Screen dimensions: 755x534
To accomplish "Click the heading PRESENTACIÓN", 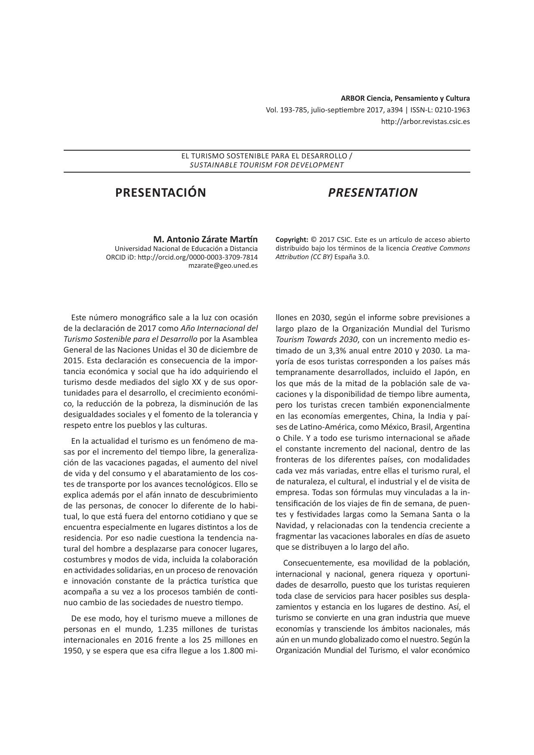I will [x=161, y=193].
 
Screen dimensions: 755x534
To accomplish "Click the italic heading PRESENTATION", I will [x=373, y=193].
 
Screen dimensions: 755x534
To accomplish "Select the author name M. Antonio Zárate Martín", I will [x=205, y=239].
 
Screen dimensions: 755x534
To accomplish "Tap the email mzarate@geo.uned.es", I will [x=223, y=266].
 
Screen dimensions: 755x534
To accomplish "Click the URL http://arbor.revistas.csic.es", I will [x=425, y=121].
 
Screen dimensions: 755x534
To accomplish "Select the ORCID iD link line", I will [x=182, y=257].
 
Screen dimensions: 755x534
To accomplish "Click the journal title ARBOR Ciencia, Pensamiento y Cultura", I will [x=405, y=98].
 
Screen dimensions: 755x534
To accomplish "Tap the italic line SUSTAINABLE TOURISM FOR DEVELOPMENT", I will [x=267, y=165].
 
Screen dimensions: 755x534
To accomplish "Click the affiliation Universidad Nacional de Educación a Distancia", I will [x=186, y=248].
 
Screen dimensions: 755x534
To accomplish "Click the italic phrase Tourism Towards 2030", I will [x=317, y=339].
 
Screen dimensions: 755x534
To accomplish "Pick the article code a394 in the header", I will [x=395, y=110].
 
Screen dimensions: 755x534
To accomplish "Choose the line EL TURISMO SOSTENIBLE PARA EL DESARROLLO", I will [x=264, y=155].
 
